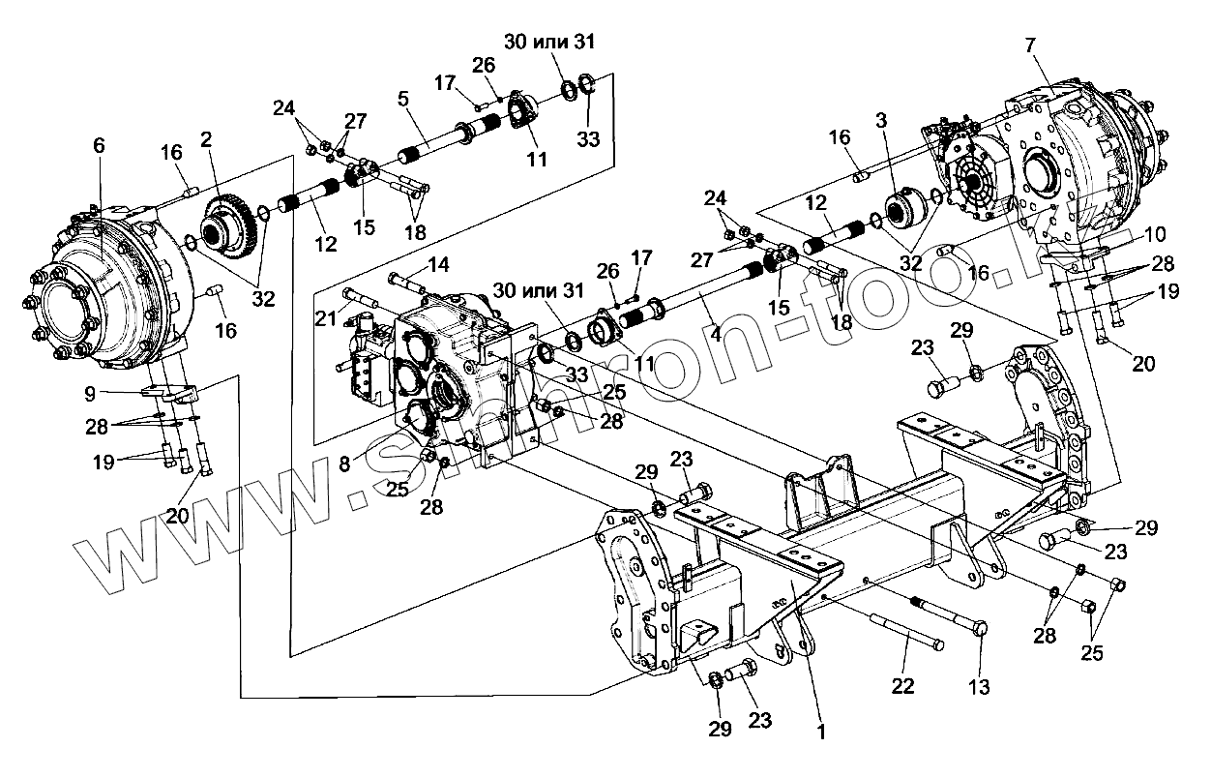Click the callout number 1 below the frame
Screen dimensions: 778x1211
click(x=821, y=732)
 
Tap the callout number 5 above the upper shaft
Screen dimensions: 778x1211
click(x=403, y=98)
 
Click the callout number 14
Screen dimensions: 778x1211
click(x=438, y=263)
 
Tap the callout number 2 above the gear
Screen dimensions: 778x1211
click(x=206, y=139)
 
